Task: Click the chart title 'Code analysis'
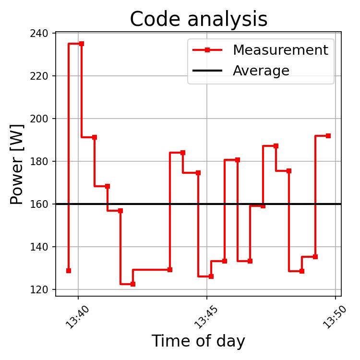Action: pos(198,19)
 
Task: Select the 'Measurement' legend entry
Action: pos(280,50)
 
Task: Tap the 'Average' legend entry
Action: pos(261,71)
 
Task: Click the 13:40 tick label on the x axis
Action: pos(77,317)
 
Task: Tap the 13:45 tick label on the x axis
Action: pos(205,317)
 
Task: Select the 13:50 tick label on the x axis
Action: pos(334,317)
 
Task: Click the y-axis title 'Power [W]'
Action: pos(17,164)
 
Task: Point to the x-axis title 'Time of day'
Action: pos(198,341)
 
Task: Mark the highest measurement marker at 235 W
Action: pos(82,44)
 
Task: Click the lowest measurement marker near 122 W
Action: pos(133,284)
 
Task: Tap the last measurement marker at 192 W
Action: pos(328,136)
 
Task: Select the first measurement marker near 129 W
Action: pos(69,271)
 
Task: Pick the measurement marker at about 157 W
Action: pos(120,211)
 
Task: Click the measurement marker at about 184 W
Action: pos(183,153)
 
